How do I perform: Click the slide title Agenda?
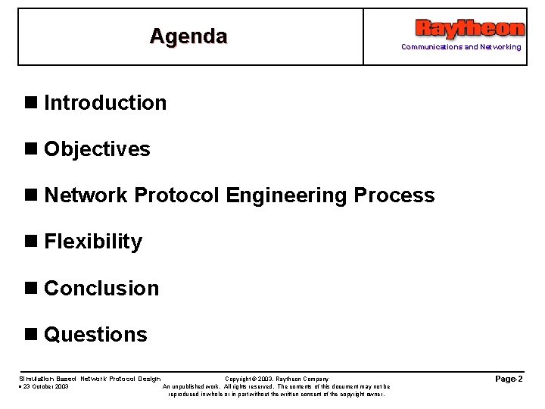point(188,36)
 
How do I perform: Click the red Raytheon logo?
point(469,29)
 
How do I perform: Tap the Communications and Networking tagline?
point(461,47)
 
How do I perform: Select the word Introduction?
point(105,103)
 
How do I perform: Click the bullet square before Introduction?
point(31,103)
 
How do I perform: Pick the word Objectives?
point(97,149)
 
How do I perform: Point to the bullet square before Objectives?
point(31,149)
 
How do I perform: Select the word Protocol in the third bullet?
point(176,195)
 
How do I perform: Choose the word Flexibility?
point(93,242)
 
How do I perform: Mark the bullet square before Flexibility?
point(31,242)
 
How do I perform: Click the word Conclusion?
point(101,289)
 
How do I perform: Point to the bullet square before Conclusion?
point(31,289)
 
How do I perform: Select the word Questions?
point(95,335)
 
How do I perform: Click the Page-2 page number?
point(508,379)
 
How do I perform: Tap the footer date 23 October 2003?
point(45,386)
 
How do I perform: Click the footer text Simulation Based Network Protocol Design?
point(89,379)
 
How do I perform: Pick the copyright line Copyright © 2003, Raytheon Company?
point(277,379)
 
